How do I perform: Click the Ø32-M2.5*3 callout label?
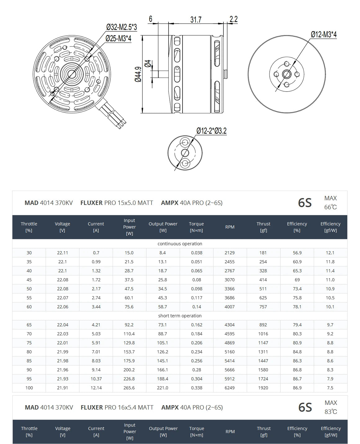click(x=121, y=27)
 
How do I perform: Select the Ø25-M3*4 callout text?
click(x=118, y=39)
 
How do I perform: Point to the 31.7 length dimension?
click(x=196, y=20)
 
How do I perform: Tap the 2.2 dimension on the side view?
click(x=233, y=19)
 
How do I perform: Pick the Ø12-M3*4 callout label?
click(x=323, y=34)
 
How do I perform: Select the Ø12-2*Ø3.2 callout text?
click(x=211, y=131)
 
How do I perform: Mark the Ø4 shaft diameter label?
click(x=148, y=64)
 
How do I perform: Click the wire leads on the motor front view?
click(x=113, y=115)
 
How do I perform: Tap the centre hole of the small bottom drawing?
click(x=185, y=153)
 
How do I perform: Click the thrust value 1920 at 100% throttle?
click(x=263, y=388)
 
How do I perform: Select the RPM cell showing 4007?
click(x=230, y=307)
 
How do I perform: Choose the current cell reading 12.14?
click(x=96, y=388)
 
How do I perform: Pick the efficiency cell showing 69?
click(x=297, y=280)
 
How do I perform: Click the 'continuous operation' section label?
click(x=180, y=244)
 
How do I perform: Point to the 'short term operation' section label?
click(x=180, y=316)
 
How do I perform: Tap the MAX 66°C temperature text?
click(x=330, y=202)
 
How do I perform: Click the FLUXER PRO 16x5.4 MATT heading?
click(x=117, y=407)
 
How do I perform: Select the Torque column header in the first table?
click(x=196, y=227)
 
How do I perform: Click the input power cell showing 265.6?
click(x=129, y=388)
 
